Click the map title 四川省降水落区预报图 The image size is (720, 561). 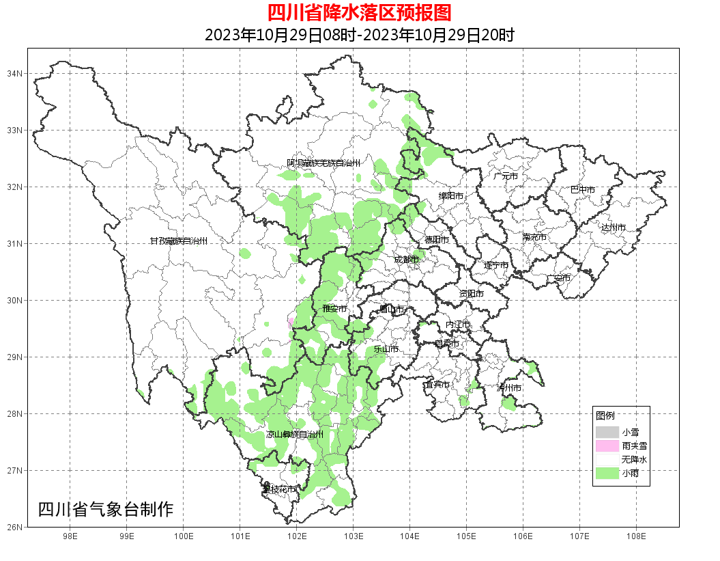tap(359, 12)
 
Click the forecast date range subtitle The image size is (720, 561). tap(359, 35)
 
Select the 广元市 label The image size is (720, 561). tap(505, 176)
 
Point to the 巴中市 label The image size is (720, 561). tap(582, 189)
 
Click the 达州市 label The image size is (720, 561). tap(613, 227)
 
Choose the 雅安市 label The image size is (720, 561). tap(334, 309)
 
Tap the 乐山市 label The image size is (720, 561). tap(386, 349)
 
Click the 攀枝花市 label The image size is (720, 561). tap(279, 489)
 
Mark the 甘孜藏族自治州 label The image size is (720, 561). tap(178, 241)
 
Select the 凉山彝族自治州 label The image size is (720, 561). tap(294, 435)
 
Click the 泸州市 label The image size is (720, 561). tap(509, 387)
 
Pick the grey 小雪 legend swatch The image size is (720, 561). tap(607, 433)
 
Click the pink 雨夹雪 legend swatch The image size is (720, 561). tap(607, 446)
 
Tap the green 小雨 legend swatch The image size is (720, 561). tap(607, 474)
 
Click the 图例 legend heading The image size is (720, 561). tap(605, 415)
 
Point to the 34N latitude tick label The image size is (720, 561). tap(16, 73)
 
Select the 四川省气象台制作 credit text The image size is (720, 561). tap(106, 509)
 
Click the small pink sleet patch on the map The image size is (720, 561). tap(291, 322)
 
